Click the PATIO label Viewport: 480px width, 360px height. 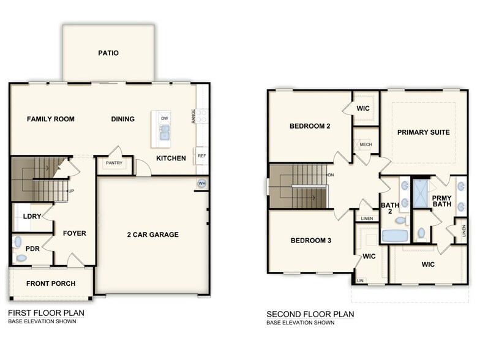pyautogui.click(x=108, y=53)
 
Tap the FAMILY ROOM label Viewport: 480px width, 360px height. pyautogui.click(x=51, y=119)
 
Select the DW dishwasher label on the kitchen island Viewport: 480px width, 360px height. pyautogui.click(x=164, y=118)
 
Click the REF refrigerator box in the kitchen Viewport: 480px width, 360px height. pyautogui.click(x=201, y=156)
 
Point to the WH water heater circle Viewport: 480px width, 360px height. pyautogui.click(x=201, y=183)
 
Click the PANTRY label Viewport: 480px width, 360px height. pyautogui.click(x=114, y=163)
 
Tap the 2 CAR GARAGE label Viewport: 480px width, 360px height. pyautogui.click(x=152, y=234)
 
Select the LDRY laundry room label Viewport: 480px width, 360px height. pyautogui.click(x=32, y=217)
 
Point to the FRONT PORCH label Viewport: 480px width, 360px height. pyautogui.click(x=51, y=283)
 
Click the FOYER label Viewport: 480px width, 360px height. pyautogui.click(x=74, y=233)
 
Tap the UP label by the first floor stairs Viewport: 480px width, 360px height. pyautogui.click(x=71, y=191)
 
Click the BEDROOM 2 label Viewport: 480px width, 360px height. pyautogui.click(x=310, y=127)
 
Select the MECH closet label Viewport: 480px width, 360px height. pyautogui.click(x=366, y=144)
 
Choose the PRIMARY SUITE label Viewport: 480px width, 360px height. pyautogui.click(x=423, y=132)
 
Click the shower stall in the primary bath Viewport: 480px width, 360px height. pyautogui.click(x=421, y=193)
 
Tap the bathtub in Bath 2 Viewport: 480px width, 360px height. pyautogui.click(x=395, y=235)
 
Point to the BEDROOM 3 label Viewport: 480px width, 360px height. pyautogui.click(x=310, y=241)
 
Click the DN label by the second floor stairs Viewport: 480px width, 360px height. pyautogui.click(x=331, y=176)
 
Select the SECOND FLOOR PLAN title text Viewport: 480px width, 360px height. pyautogui.click(x=310, y=314)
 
